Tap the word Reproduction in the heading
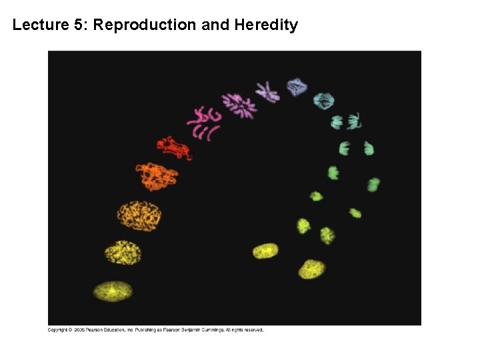pos(145,25)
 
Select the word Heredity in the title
pos(266,25)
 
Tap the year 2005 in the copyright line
pos(79,329)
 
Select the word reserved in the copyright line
pos(253,329)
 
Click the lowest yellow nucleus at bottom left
pos(113,291)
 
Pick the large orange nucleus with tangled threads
pos(139,215)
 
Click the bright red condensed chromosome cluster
pos(173,147)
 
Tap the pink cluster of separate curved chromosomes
pos(203,123)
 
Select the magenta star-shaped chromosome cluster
pos(238,105)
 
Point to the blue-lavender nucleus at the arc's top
pos(297,86)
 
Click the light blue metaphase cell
pos(324,101)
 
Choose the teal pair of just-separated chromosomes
pos(346,121)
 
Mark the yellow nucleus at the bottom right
pos(311,269)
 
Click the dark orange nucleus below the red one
pos(157,176)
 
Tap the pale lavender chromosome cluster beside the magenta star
pos(267,91)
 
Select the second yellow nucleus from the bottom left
pos(123,252)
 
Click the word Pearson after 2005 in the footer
pos(99,329)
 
